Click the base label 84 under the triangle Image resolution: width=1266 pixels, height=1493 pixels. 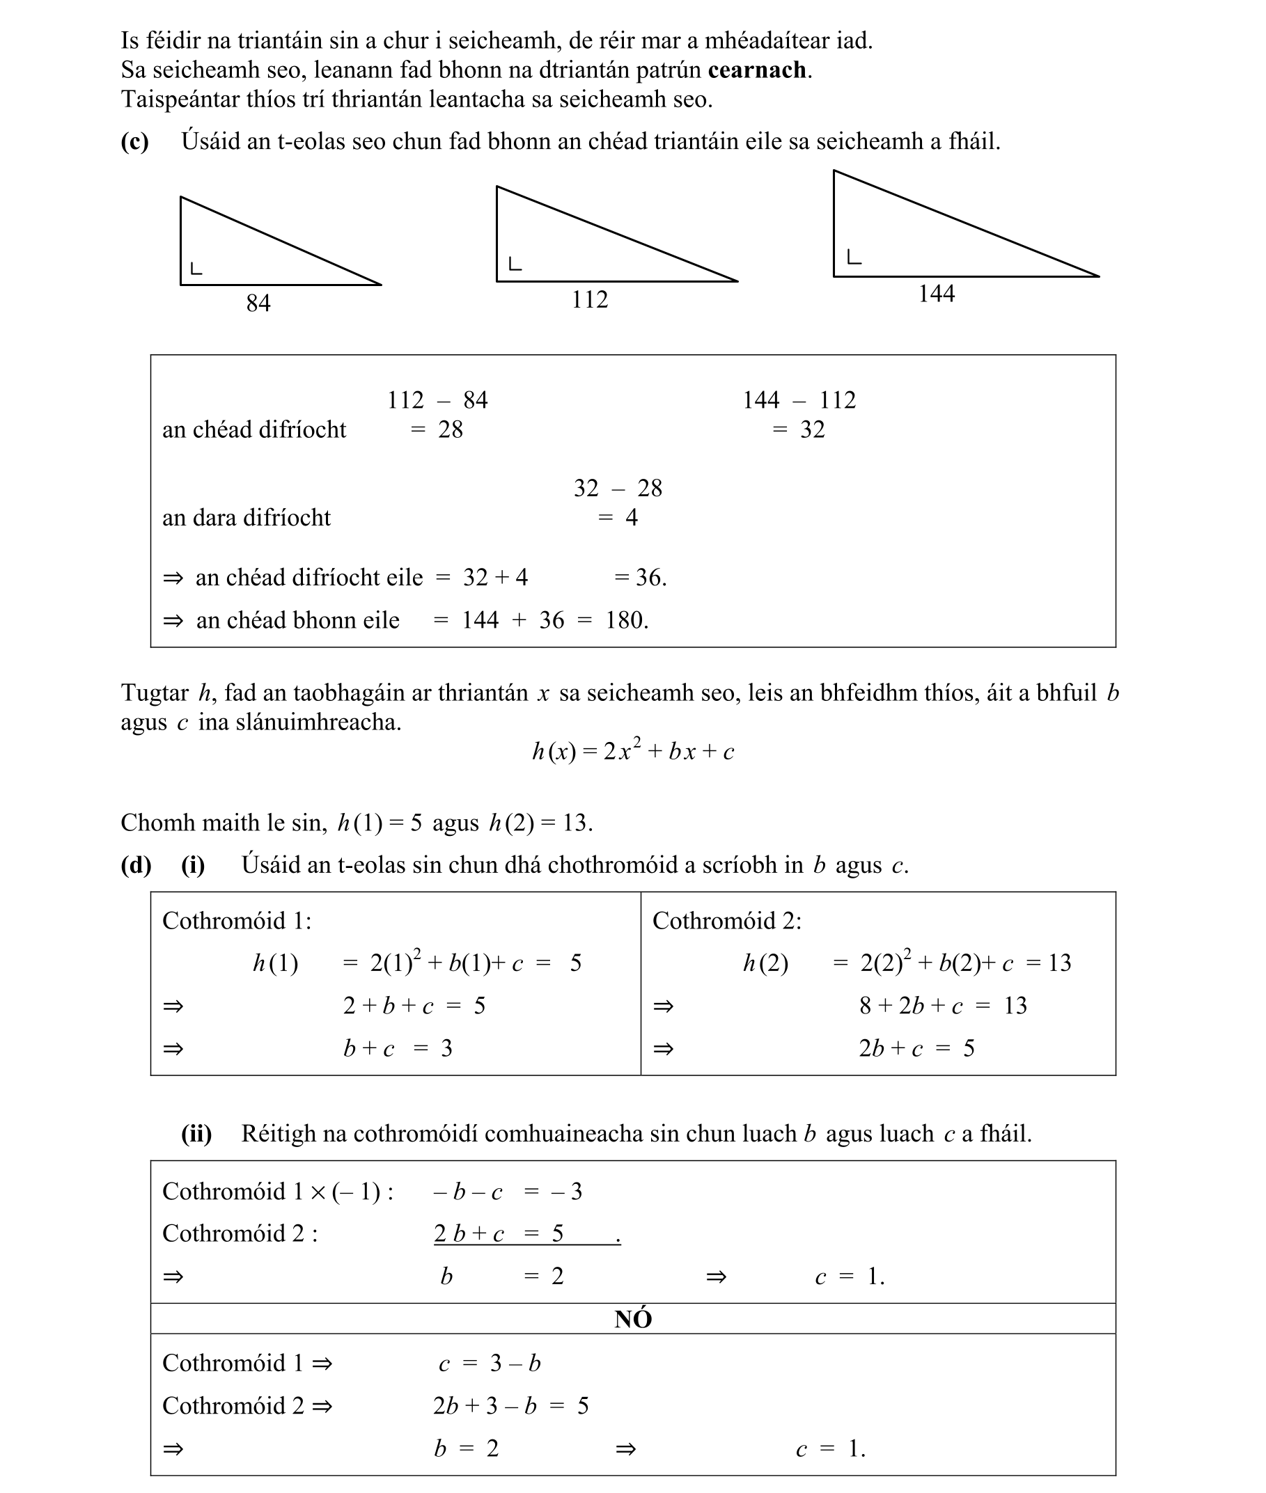coord(258,303)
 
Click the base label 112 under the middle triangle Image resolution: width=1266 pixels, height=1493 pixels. coord(589,299)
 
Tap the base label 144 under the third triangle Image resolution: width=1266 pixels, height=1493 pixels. coord(937,294)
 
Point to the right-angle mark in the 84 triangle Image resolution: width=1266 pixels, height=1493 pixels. coord(196,269)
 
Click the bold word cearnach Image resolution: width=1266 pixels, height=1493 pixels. coord(756,70)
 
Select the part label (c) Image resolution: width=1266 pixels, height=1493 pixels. coord(135,141)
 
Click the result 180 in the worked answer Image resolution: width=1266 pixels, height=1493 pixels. coord(626,621)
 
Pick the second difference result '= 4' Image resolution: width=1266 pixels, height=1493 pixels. coord(618,518)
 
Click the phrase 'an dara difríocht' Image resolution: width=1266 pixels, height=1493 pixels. coord(247,518)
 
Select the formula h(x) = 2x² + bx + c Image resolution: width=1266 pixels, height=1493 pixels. coord(633,750)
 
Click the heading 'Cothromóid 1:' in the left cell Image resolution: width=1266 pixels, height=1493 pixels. coord(237,920)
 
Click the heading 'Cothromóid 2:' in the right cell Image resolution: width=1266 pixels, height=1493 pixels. coord(726,920)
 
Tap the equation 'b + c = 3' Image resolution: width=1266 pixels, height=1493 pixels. coord(398,1049)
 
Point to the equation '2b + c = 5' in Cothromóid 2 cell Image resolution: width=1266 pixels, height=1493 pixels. coord(916,1049)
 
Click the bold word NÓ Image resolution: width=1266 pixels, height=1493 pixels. coord(633,1320)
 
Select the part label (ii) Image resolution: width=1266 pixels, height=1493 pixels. coord(196,1134)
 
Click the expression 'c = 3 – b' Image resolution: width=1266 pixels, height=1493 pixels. coord(490,1363)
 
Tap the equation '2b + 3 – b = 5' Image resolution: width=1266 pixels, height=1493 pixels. coord(510,1405)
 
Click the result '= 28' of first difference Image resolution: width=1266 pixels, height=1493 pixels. coord(437,429)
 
